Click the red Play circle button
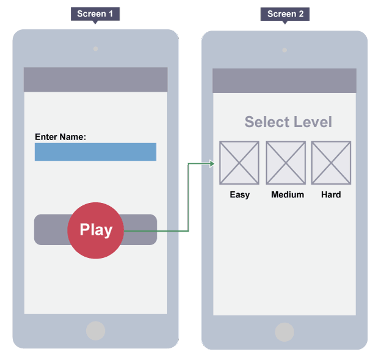(x=96, y=230)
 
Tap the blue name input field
(x=95, y=152)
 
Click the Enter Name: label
(x=60, y=137)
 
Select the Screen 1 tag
(x=95, y=13)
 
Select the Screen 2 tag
(x=285, y=13)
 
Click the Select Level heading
(x=288, y=122)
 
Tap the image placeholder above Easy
(x=239, y=163)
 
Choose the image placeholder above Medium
(x=286, y=163)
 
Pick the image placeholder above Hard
(x=331, y=163)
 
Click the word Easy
(x=239, y=194)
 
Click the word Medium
(x=287, y=194)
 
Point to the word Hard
(x=331, y=194)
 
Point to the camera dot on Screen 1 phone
(x=95, y=49)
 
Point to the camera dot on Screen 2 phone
(x=285, y=50)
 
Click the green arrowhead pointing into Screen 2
(x=212, y=163)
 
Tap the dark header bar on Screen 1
(x=95, y=79)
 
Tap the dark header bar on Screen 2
(x=285, y=81)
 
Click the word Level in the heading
(x=310, y=122)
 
